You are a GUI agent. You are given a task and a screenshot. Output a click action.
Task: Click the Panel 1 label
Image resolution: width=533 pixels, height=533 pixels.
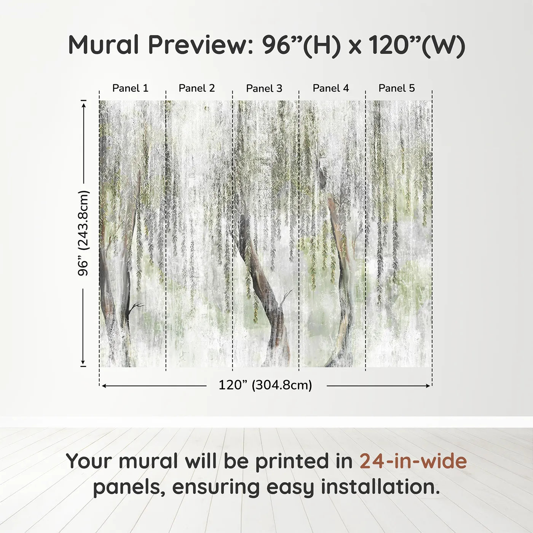[130, 88]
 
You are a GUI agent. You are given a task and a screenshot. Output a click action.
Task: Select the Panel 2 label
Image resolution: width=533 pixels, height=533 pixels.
[197, 88]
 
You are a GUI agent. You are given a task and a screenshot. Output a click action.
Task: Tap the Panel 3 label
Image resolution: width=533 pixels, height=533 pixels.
[264, 88]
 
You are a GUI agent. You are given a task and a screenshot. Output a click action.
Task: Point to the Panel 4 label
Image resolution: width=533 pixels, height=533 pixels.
[331, 88]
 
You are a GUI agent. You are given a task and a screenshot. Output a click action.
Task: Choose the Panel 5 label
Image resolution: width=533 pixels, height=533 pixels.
[397, 88]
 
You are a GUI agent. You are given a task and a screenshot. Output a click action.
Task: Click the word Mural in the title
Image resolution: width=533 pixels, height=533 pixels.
[104, 45]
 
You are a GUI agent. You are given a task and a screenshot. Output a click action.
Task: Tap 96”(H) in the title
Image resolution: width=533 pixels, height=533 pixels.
[301, 45]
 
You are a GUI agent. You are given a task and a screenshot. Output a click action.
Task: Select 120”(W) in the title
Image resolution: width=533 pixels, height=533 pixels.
[417, 45]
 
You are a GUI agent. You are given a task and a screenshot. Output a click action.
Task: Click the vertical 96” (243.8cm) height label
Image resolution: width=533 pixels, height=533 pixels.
[83, 233]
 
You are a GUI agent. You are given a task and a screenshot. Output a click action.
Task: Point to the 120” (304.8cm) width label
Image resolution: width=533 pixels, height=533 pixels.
[265, 385]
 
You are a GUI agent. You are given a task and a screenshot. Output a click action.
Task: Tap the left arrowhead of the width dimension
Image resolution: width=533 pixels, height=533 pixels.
[104, 386]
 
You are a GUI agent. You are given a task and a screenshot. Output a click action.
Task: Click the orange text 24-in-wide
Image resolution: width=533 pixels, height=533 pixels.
[413, 461]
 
